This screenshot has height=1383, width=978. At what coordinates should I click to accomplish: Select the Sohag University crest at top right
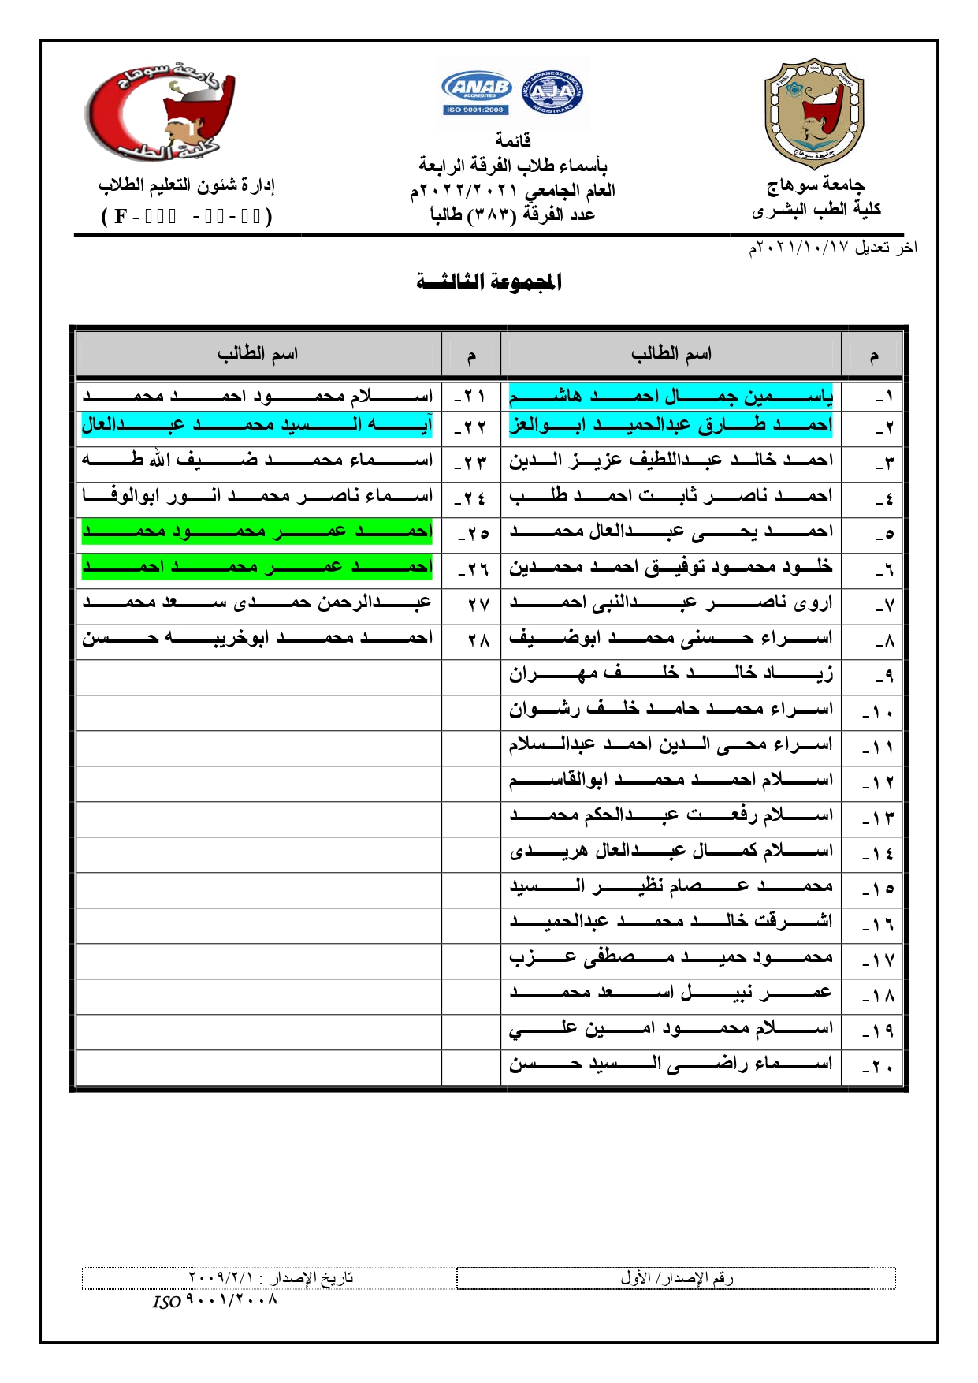(814, 113)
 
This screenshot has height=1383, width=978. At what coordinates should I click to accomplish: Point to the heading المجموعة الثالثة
(489, 281)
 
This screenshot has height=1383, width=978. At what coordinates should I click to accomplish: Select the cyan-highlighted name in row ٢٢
(257, 425)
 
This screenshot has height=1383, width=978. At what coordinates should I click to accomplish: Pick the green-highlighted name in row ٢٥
(257, 531)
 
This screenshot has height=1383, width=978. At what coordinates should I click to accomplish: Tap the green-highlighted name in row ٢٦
(257, 566)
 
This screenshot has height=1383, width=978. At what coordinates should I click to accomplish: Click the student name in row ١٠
(671, 709)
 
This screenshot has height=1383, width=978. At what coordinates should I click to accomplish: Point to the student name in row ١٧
(671, 957)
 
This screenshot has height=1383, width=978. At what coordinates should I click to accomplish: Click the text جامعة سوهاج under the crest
(816, 185)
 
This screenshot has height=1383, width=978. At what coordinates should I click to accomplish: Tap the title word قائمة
(513, 140)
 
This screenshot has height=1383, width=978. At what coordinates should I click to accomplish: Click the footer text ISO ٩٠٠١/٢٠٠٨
(214, 1300)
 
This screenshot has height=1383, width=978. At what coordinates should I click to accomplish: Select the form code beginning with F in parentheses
(187, 216)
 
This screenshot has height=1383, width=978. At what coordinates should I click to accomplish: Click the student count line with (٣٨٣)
(512, 214)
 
